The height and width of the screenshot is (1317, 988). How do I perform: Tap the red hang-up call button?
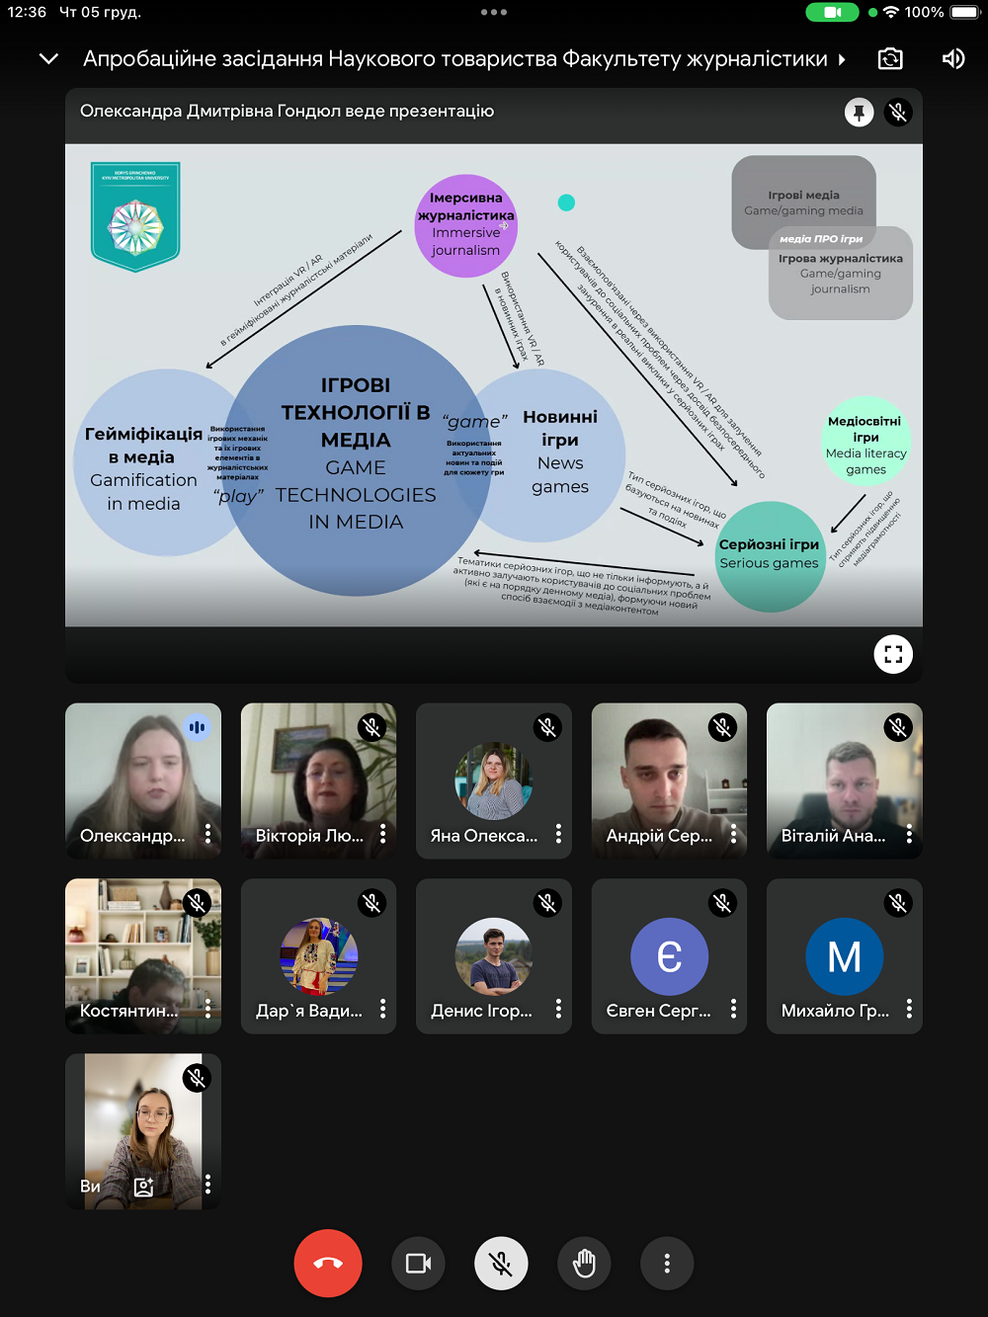(x=328, y=1263)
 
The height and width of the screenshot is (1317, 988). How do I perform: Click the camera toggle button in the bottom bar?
(x=419, y=1264)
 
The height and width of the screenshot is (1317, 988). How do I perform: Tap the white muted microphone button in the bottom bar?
(x=501, y=1264)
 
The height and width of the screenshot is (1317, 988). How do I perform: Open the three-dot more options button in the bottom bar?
(x=667, y=1264)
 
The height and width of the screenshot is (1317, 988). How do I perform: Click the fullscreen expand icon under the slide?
(x=893, y=654)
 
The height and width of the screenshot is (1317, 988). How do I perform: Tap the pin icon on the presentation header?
(x=860, y=113)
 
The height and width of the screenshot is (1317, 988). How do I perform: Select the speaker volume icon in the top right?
(x=952, y=59)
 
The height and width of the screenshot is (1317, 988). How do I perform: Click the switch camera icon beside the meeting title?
(x=890, y=59)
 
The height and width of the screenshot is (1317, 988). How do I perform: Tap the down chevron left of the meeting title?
(x=48, y=59)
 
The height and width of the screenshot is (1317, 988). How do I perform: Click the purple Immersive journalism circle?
(x=465, y=225)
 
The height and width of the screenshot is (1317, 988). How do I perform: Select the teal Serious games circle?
(x=770, y=555)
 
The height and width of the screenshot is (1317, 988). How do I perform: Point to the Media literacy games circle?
(x=865, y=443)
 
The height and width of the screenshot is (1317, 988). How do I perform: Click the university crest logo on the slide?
(x=135, y=216)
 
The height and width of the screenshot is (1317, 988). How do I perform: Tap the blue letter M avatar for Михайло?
(x=844, y=956)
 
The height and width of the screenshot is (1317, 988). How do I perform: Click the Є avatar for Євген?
(x=669, y=956)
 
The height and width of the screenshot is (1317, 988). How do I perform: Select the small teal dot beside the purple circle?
(x=566, y=203)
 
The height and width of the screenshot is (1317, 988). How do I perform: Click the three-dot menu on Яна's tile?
(x=558, y=834)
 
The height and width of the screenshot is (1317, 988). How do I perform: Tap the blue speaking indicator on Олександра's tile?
(x=198, y=727)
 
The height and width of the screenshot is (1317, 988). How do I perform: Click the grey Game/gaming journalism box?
(x=841, y=274)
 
